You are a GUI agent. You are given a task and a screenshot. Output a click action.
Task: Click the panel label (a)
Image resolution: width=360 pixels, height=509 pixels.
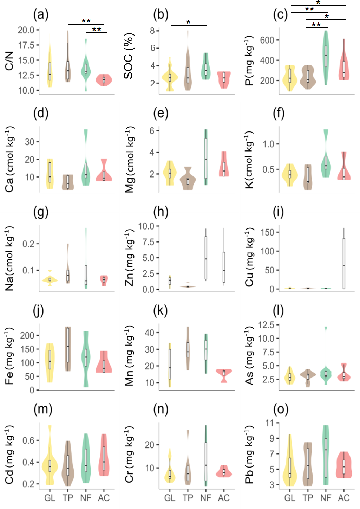41,15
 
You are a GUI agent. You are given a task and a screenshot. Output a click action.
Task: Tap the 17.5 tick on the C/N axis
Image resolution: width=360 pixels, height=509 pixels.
26,45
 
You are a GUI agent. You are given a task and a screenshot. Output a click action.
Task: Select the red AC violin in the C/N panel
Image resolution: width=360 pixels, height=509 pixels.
104,80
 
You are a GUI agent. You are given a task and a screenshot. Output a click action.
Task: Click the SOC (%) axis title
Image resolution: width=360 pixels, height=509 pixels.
129,56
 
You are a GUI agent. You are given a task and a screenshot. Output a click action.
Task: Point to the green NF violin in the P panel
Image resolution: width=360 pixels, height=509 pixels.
326,56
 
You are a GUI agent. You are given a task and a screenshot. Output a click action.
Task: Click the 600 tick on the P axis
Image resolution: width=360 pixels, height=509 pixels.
267,40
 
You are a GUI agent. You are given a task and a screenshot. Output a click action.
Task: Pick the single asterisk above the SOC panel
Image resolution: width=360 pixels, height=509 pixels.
188,22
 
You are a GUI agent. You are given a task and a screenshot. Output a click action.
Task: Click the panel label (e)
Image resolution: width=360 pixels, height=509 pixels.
161,114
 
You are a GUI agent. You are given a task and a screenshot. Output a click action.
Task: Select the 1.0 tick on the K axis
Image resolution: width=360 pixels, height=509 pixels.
269,144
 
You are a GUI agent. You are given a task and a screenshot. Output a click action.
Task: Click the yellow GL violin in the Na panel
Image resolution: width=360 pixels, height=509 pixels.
50,280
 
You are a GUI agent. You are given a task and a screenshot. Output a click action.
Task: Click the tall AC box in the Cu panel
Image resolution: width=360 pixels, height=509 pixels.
344,264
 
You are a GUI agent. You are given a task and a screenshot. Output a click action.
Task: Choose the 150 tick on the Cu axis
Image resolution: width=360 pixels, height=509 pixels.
267,232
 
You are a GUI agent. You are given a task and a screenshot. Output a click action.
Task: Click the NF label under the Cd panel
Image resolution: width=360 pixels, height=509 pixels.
86,498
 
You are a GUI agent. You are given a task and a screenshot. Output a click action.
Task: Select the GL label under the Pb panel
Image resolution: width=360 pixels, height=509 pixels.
290,498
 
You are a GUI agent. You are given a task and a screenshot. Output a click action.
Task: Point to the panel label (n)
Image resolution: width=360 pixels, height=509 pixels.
161,410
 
